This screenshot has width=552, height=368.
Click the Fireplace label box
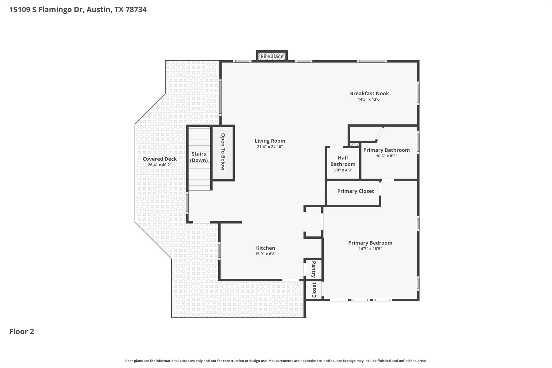click(272, 56)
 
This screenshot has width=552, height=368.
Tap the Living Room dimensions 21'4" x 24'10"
click(270, 147)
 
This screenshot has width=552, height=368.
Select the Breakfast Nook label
click(369, 94)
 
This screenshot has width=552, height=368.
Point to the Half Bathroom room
click(343, 163)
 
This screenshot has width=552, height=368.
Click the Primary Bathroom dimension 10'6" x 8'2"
click(387, 156)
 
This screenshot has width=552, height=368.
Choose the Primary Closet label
click(356, 191)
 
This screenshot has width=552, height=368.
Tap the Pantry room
click(313, 269)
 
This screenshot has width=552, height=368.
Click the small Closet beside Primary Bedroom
click(314, 290)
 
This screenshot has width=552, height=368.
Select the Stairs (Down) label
click(199, 157)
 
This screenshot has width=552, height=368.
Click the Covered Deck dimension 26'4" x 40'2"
click(160, 165)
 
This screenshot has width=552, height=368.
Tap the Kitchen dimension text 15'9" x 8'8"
click(265, 254)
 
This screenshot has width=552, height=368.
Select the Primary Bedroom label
click(370, 243)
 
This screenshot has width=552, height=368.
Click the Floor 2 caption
click(22, 332)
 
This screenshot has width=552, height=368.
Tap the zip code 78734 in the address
click(136, 10)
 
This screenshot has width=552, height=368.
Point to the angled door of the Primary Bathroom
click(379, 134)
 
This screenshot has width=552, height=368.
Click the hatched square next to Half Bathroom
click(354, 145)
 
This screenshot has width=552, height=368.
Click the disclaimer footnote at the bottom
click(276, 361)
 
